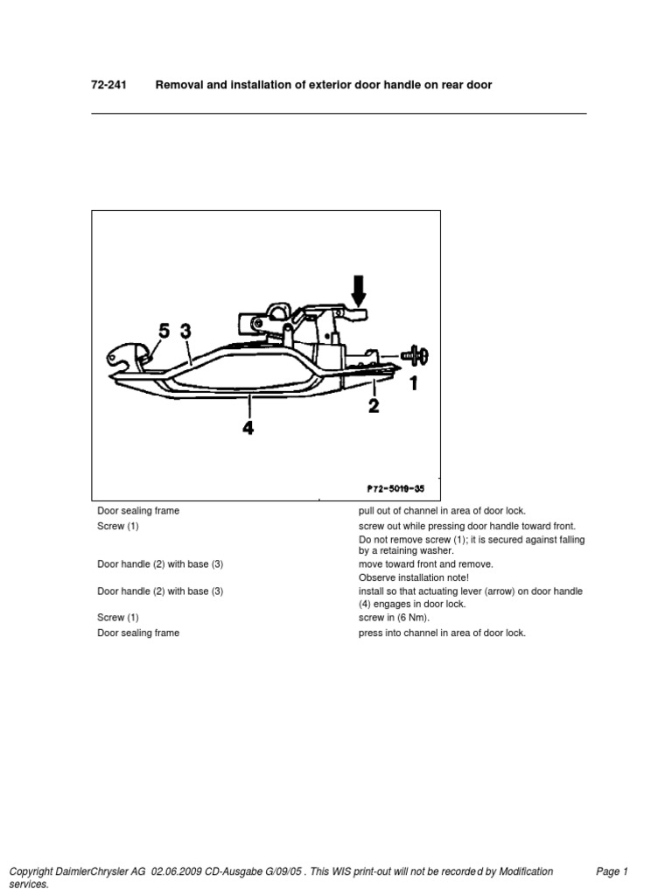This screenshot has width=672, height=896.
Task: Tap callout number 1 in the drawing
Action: pyautogui.click(x=413, y=382)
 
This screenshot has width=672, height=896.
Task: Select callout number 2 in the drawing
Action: pyautogui.click(x=374, y=405)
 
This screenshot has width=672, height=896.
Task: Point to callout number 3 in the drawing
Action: pyautogui.click(x=185, y=331)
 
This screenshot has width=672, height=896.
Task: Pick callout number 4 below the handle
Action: pyautogui.click(x=248, y=428)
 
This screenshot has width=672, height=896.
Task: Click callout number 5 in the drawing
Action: pyautogui.click(x=164, y=331)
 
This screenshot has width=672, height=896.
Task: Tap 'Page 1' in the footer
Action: pyautogui.click(x=612, y=871)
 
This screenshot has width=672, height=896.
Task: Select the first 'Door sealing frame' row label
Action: pyautogui.click(x=138, y=510)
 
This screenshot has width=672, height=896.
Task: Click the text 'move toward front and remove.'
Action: pyautogui.click(x=426, y=564)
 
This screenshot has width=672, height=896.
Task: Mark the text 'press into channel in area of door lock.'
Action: pyautogui.click(x=442, y=633)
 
